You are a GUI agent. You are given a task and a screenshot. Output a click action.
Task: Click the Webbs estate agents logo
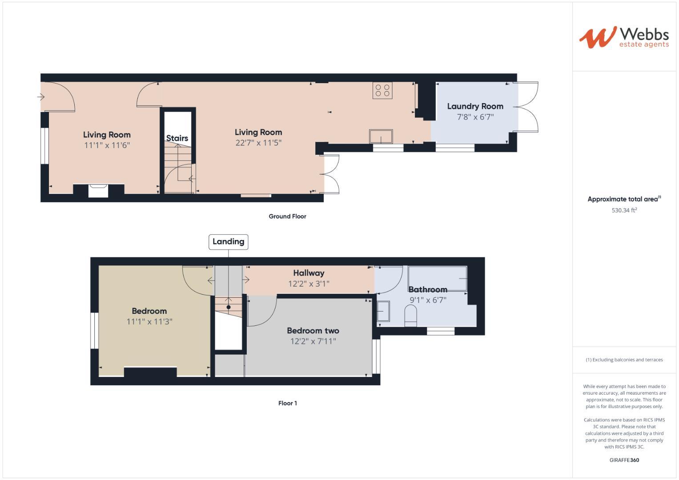623,37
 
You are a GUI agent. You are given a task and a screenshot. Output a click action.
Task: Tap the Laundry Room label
475,106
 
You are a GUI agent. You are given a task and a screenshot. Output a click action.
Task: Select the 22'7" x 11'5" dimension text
258,143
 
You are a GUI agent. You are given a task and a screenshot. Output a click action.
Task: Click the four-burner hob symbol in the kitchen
382,90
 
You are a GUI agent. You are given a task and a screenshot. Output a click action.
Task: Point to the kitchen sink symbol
381,136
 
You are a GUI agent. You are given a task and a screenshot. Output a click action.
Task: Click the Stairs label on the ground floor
177,138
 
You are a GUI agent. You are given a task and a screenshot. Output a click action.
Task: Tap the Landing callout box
228,242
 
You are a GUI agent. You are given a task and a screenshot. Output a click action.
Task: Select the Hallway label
309,273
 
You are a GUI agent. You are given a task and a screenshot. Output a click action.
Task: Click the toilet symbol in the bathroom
410,316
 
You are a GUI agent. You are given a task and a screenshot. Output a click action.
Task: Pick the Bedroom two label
313,331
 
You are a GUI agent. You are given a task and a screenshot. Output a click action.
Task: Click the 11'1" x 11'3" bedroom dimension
149,321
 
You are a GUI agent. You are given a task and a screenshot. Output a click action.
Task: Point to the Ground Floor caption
287,216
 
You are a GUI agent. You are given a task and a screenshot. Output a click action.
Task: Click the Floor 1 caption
287,403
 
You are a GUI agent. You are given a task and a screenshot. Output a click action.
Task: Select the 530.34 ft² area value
624,210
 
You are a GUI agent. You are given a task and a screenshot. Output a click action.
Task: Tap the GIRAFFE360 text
624,460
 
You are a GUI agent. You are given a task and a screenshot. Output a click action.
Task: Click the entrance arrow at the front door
41,96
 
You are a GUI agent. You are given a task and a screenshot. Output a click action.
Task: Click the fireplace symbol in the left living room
98,190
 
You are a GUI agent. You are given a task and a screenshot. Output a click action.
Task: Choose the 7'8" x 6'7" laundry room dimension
475,117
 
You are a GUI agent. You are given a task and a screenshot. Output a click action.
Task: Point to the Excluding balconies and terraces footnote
624,360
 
